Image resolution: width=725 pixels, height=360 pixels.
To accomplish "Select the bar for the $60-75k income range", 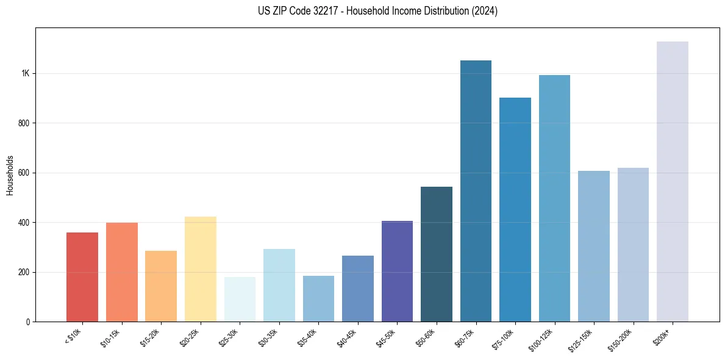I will pos(476,191).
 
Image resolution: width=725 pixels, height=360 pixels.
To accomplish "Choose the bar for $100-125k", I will pos(554,198).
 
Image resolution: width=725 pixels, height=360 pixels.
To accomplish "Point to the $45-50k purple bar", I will pos(397,272).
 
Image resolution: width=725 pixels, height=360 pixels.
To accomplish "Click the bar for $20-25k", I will pos(200,269).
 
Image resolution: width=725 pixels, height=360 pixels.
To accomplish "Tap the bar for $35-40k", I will pos(318,299).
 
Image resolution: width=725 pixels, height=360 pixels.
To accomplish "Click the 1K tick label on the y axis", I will pos(25,73).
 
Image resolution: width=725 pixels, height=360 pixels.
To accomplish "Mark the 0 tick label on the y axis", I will pos(28,322).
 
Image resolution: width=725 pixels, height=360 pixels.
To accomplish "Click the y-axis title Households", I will pos(10,175).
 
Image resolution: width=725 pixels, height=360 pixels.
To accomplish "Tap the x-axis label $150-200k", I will pos(621,339).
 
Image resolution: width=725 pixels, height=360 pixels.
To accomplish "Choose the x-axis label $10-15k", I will pos(110,337).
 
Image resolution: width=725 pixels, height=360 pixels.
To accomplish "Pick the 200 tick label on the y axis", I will pos(24,272).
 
